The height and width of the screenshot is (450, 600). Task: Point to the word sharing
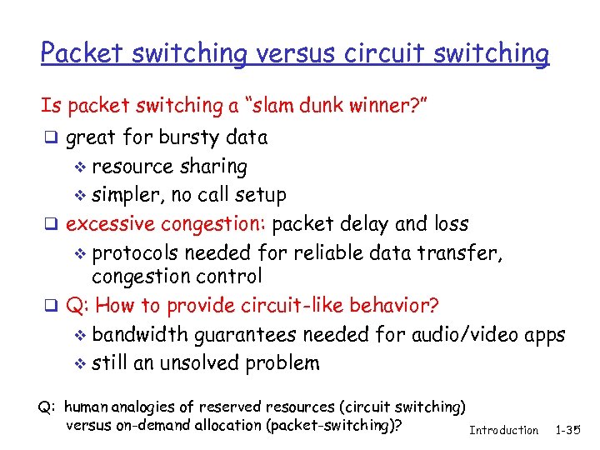(x=216, y=167)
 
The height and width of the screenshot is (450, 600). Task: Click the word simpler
(x=125, y=195)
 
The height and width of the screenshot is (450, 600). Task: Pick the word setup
(x=257, y=195)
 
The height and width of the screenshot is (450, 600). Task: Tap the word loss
(x=451, y=224)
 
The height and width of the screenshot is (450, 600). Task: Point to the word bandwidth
(x=140, y=334)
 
